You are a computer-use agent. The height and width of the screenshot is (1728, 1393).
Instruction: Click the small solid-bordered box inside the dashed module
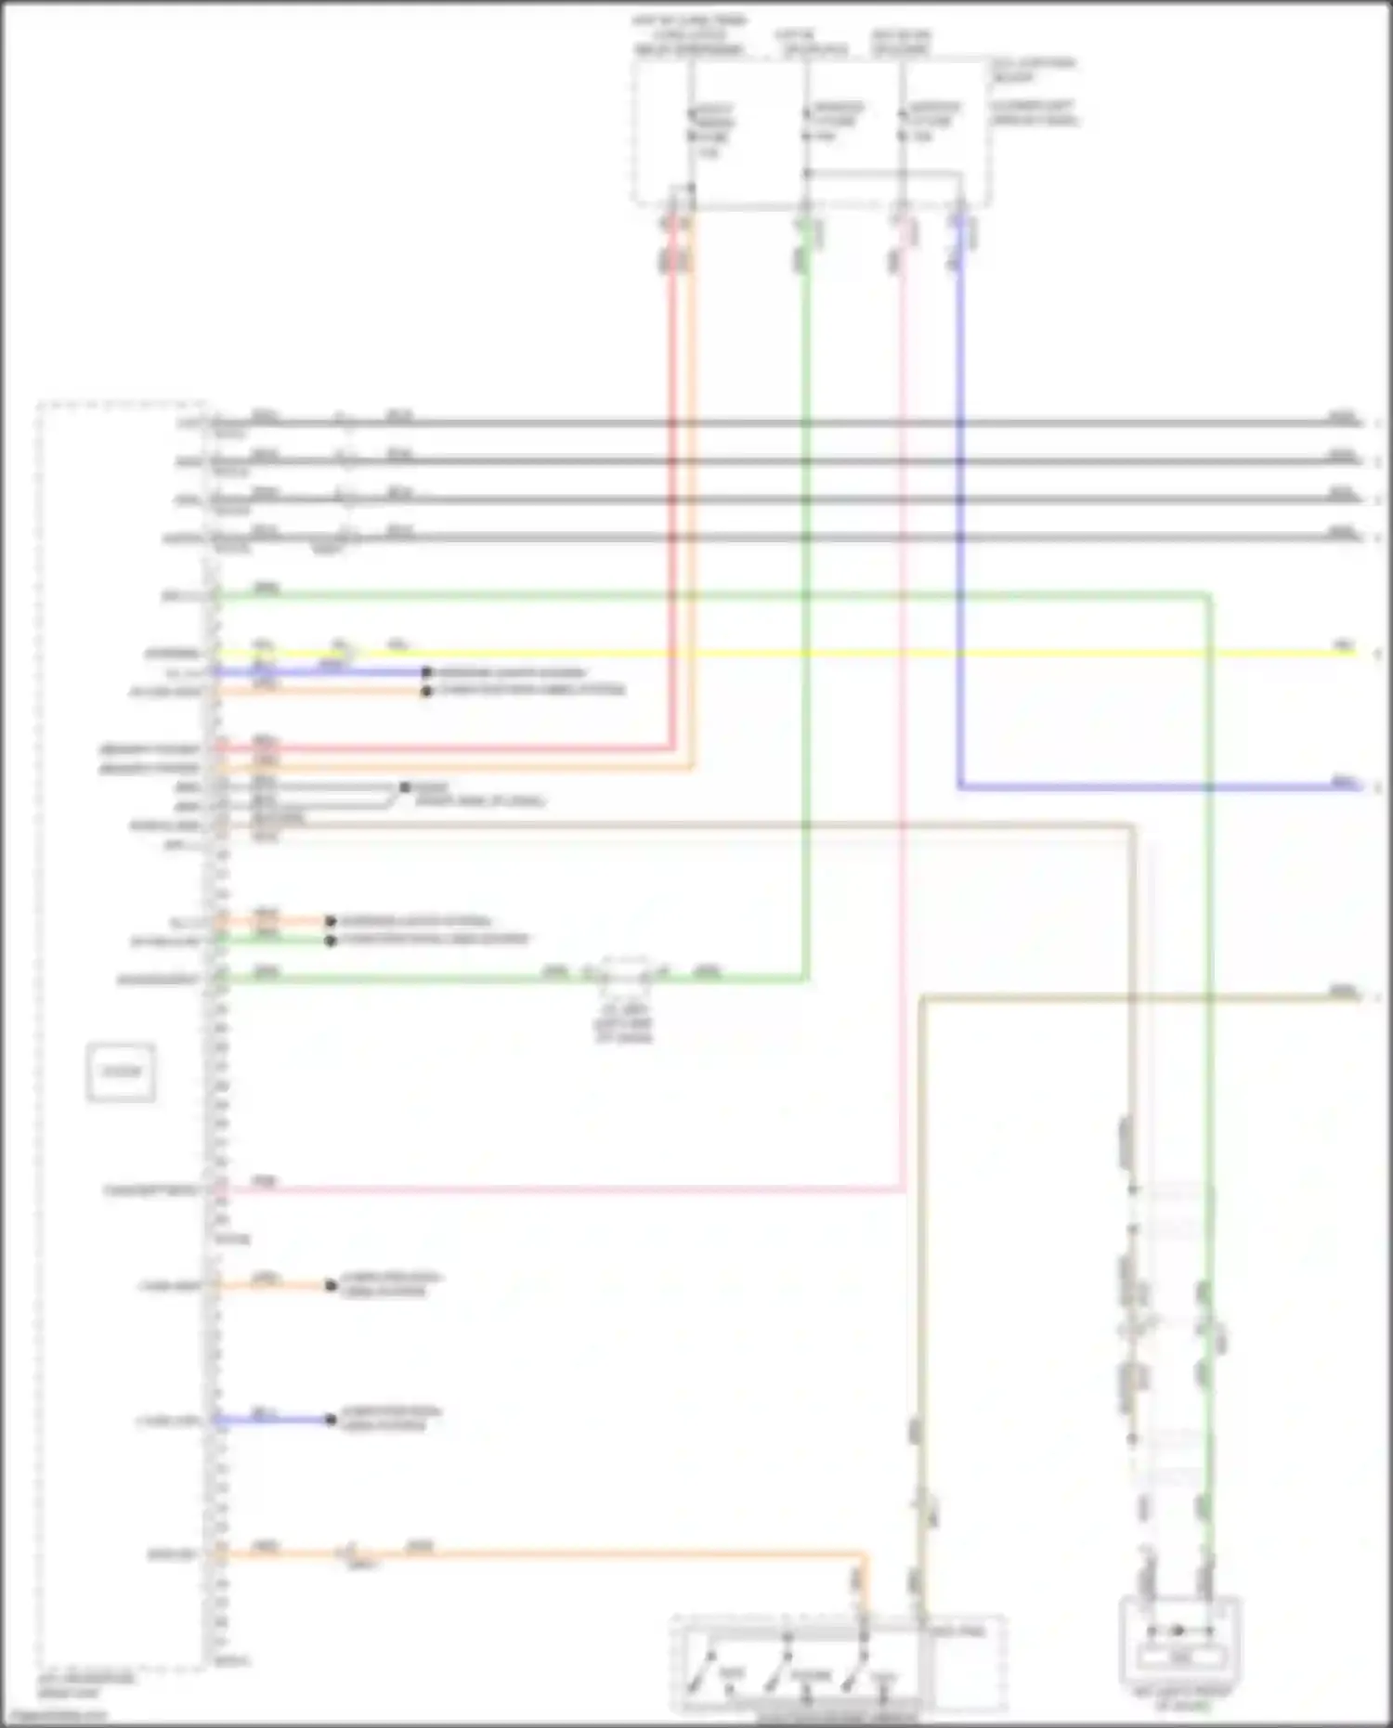[121, 1072]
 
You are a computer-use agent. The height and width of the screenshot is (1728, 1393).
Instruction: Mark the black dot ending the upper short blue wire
[426, 672]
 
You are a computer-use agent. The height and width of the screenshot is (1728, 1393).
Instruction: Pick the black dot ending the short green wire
[331, 941]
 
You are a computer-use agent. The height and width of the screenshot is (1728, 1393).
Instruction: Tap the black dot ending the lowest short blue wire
[331, 1420]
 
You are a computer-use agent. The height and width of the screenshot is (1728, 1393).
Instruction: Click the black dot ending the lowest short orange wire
[331, 1286]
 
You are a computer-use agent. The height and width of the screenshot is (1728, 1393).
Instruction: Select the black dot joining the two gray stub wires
[404, 788]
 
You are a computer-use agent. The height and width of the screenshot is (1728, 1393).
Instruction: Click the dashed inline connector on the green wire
[625, 974]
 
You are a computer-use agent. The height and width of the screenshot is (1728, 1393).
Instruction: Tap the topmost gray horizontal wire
[836, 423]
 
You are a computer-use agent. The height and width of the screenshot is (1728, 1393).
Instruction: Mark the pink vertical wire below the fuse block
[901, 743]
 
